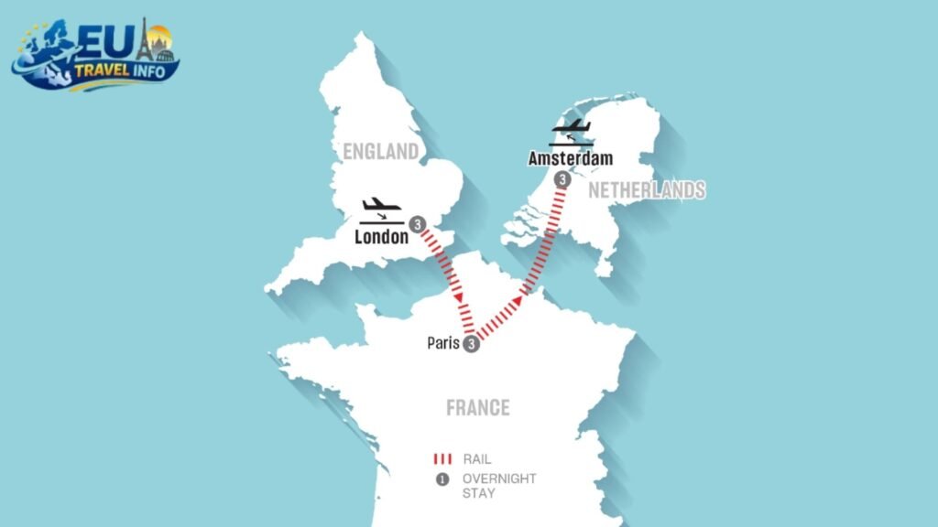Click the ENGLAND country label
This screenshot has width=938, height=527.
click(x=381, y=151)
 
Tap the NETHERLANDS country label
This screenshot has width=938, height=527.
click(x=647, y=190)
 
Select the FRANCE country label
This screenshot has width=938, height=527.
click(x=477, y=407)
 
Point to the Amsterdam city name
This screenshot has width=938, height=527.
click(x=571, y=159)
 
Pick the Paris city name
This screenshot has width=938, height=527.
click(x=443, y=344)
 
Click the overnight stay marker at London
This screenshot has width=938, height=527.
click(x=417, y=223)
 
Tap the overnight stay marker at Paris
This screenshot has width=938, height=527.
click(x=471, y=344)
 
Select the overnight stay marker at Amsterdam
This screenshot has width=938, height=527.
click(x=562, y=180)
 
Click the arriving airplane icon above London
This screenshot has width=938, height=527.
click(x=380, y=210)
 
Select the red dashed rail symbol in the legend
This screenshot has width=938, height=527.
click(x=443, y=458)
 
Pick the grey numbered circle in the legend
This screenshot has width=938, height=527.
click(x=443, y=479)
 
